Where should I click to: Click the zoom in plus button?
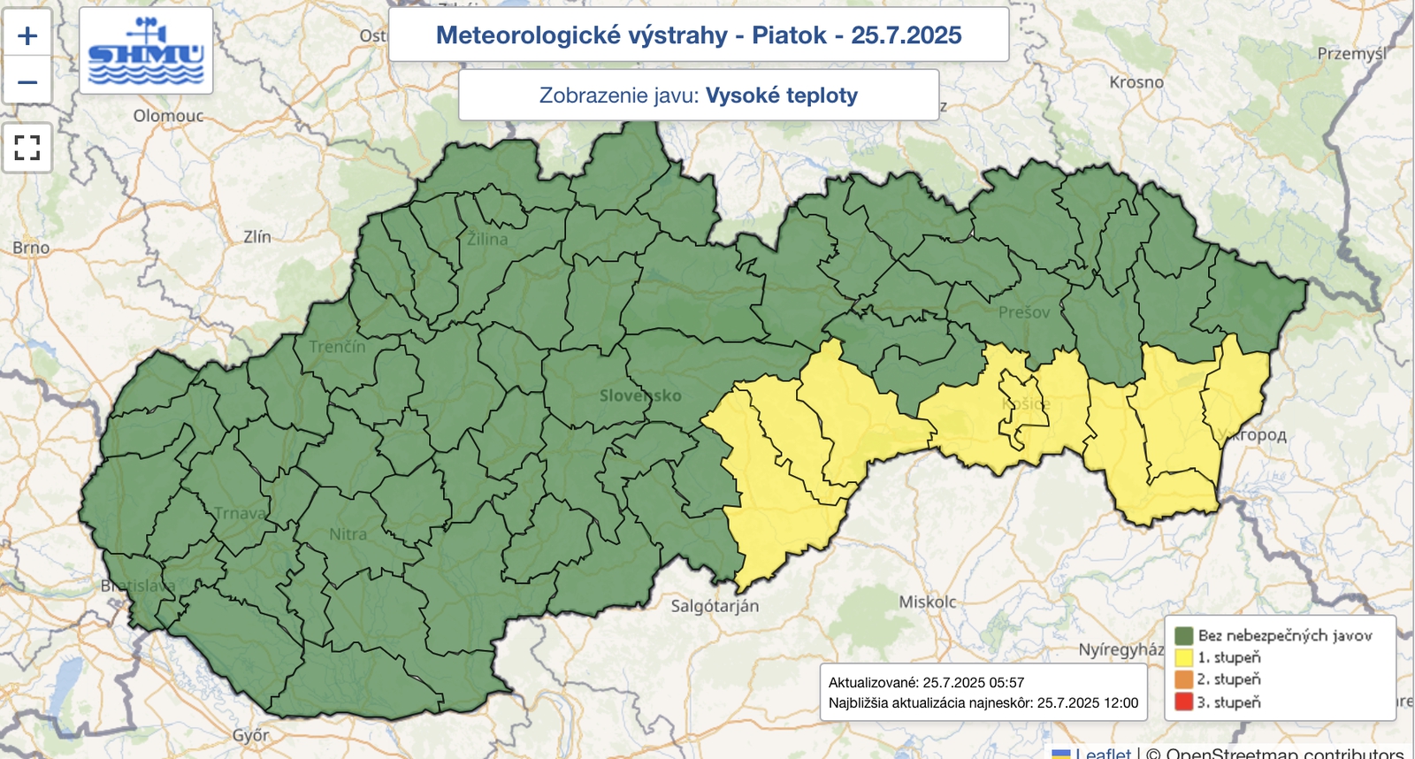point(27,35)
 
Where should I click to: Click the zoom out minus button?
point(27,82)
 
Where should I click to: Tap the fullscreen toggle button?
point(27,147)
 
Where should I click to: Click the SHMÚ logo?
point(146,51)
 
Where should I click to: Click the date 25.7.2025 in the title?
point(906,35)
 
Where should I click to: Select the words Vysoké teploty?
point(781,96)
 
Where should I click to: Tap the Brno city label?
point(31,248)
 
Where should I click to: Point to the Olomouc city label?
point(168,116)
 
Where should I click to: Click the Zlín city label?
point(257,236)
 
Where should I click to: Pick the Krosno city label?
point(1136,82)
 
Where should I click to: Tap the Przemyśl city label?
point(1351,54)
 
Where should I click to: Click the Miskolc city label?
point(928,602)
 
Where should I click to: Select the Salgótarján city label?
point(715,606)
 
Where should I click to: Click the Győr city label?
point(250,735)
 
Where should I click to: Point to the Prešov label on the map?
point(1024,312)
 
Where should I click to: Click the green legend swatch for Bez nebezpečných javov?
point(1183,635)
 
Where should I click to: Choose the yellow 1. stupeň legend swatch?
point(1183,657)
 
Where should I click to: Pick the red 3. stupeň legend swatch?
point(1183,702)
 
